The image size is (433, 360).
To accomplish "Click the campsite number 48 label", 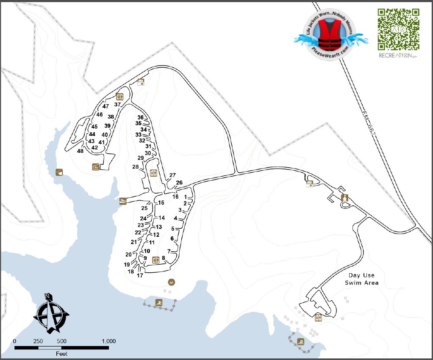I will (x=80, y=151).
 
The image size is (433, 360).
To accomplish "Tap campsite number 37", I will (x=117, y=105).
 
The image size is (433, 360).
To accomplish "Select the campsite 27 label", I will (x=172, y=175).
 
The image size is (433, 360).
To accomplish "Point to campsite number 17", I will (x=140, y=275).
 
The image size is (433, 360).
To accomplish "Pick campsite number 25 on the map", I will (x=144, y=208).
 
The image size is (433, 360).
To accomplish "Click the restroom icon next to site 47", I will (x=119, y=97).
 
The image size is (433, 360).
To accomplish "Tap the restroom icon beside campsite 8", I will (x=155, y=260).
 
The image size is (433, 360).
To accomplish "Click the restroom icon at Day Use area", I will (x=318, y=317).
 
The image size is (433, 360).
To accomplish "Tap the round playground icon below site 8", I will (x=171, y=282).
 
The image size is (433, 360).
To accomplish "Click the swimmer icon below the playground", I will (x=159, y=302).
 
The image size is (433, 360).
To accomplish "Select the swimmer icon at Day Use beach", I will (x=301, y=341).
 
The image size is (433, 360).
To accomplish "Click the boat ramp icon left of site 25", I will (x=123, y=201).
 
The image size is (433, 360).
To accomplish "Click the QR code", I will (x=398, y=29).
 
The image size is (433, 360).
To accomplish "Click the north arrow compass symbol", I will (x=51, y=313).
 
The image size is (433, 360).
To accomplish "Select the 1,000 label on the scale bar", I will (x=108, y=341).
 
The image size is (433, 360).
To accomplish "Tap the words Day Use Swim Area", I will (x=361, y=279).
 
